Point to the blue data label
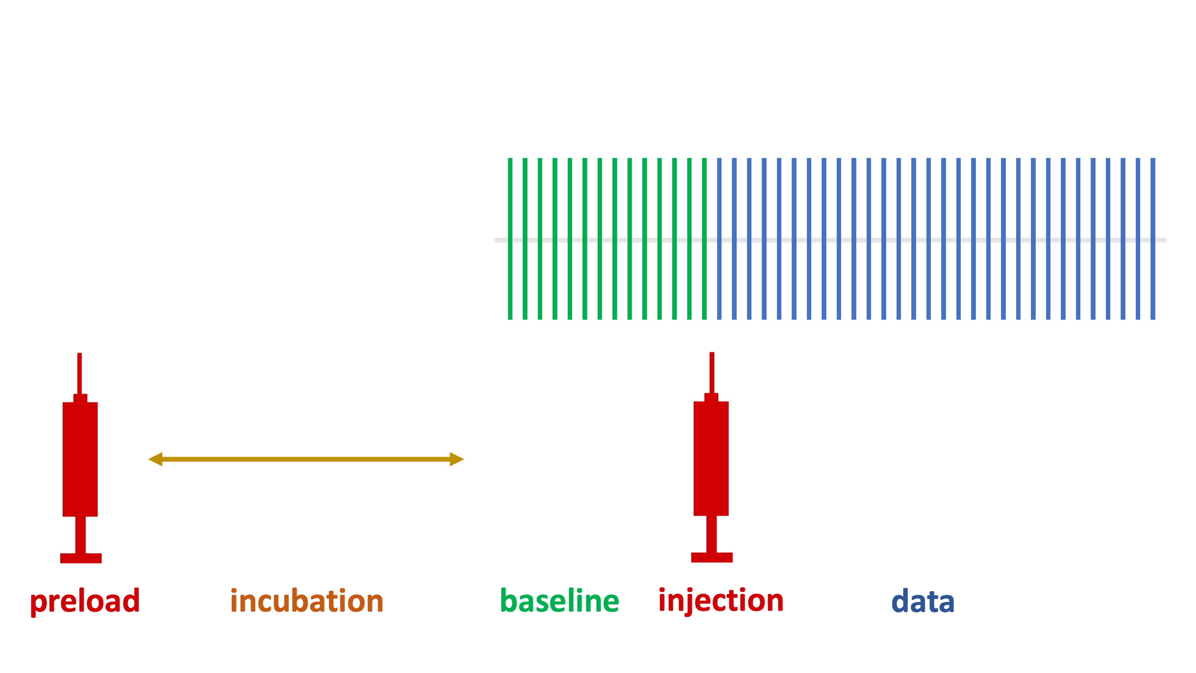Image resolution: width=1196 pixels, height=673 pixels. coord(922,601)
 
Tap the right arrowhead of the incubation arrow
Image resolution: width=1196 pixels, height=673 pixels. coord(457,459)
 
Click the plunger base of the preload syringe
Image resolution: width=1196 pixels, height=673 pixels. coord(81,558)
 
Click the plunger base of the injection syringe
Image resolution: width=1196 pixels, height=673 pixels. coord(712,557)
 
